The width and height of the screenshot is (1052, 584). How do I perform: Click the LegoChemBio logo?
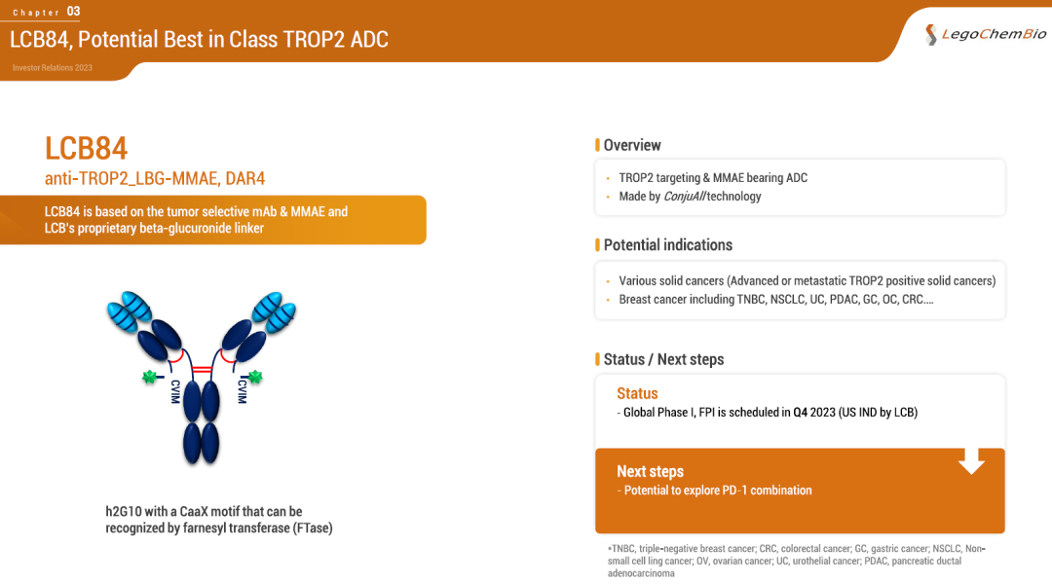pos(985,34)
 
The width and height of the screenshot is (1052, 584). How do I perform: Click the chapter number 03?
pos(73,12)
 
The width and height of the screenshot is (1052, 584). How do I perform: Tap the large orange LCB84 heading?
pos(86,148)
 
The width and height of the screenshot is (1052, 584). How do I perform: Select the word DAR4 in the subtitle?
pos(244,178)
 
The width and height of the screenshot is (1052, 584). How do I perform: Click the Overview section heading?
pos(632,145)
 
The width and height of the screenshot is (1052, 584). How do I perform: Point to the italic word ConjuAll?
pos(685,197)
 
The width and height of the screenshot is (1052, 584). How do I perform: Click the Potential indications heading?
pos(667,244)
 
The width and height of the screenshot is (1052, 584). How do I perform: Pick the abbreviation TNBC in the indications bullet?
pos(751,299)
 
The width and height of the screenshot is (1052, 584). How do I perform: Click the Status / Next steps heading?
pos(663,359)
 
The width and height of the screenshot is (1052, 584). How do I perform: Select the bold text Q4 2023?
pos(813,413)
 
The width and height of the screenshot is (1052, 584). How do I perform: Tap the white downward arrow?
pos(971,460)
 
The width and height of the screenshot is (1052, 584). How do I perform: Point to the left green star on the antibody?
pos(149,377)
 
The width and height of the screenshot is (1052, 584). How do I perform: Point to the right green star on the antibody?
pos(255,377)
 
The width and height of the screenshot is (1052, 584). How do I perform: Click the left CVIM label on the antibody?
pos(175,391)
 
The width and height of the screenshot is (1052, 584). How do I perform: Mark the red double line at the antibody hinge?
pos(202,370)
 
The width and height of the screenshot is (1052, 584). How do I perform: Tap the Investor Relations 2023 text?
pos(53,68)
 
